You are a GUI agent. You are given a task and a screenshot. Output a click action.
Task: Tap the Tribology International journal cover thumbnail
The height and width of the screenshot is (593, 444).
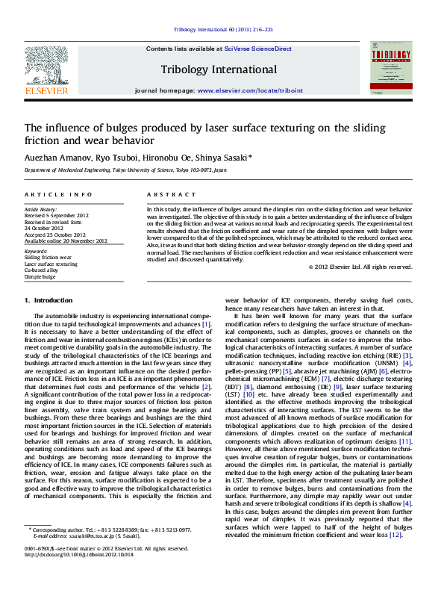391,67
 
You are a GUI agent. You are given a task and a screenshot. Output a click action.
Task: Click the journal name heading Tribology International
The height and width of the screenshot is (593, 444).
219,69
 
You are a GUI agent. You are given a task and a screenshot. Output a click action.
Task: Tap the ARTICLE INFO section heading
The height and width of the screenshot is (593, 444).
53,194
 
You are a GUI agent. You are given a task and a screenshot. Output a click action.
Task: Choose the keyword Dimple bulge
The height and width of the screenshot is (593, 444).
40,276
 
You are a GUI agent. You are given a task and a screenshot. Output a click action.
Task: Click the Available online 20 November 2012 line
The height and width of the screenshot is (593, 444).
66,240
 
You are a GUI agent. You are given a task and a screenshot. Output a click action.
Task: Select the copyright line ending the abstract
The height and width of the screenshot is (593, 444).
360,267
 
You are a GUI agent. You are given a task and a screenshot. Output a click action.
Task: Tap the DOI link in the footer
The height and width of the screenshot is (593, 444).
79,576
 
